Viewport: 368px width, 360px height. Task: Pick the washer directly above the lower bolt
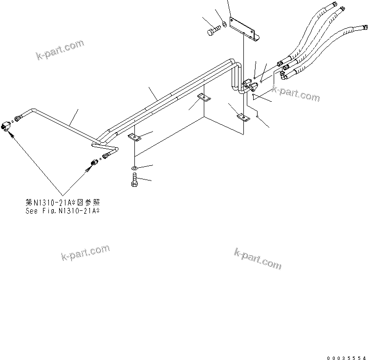point(134,169)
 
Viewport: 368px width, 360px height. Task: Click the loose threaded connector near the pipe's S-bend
point(94,162)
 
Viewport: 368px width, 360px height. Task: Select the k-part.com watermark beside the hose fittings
point(296,93)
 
